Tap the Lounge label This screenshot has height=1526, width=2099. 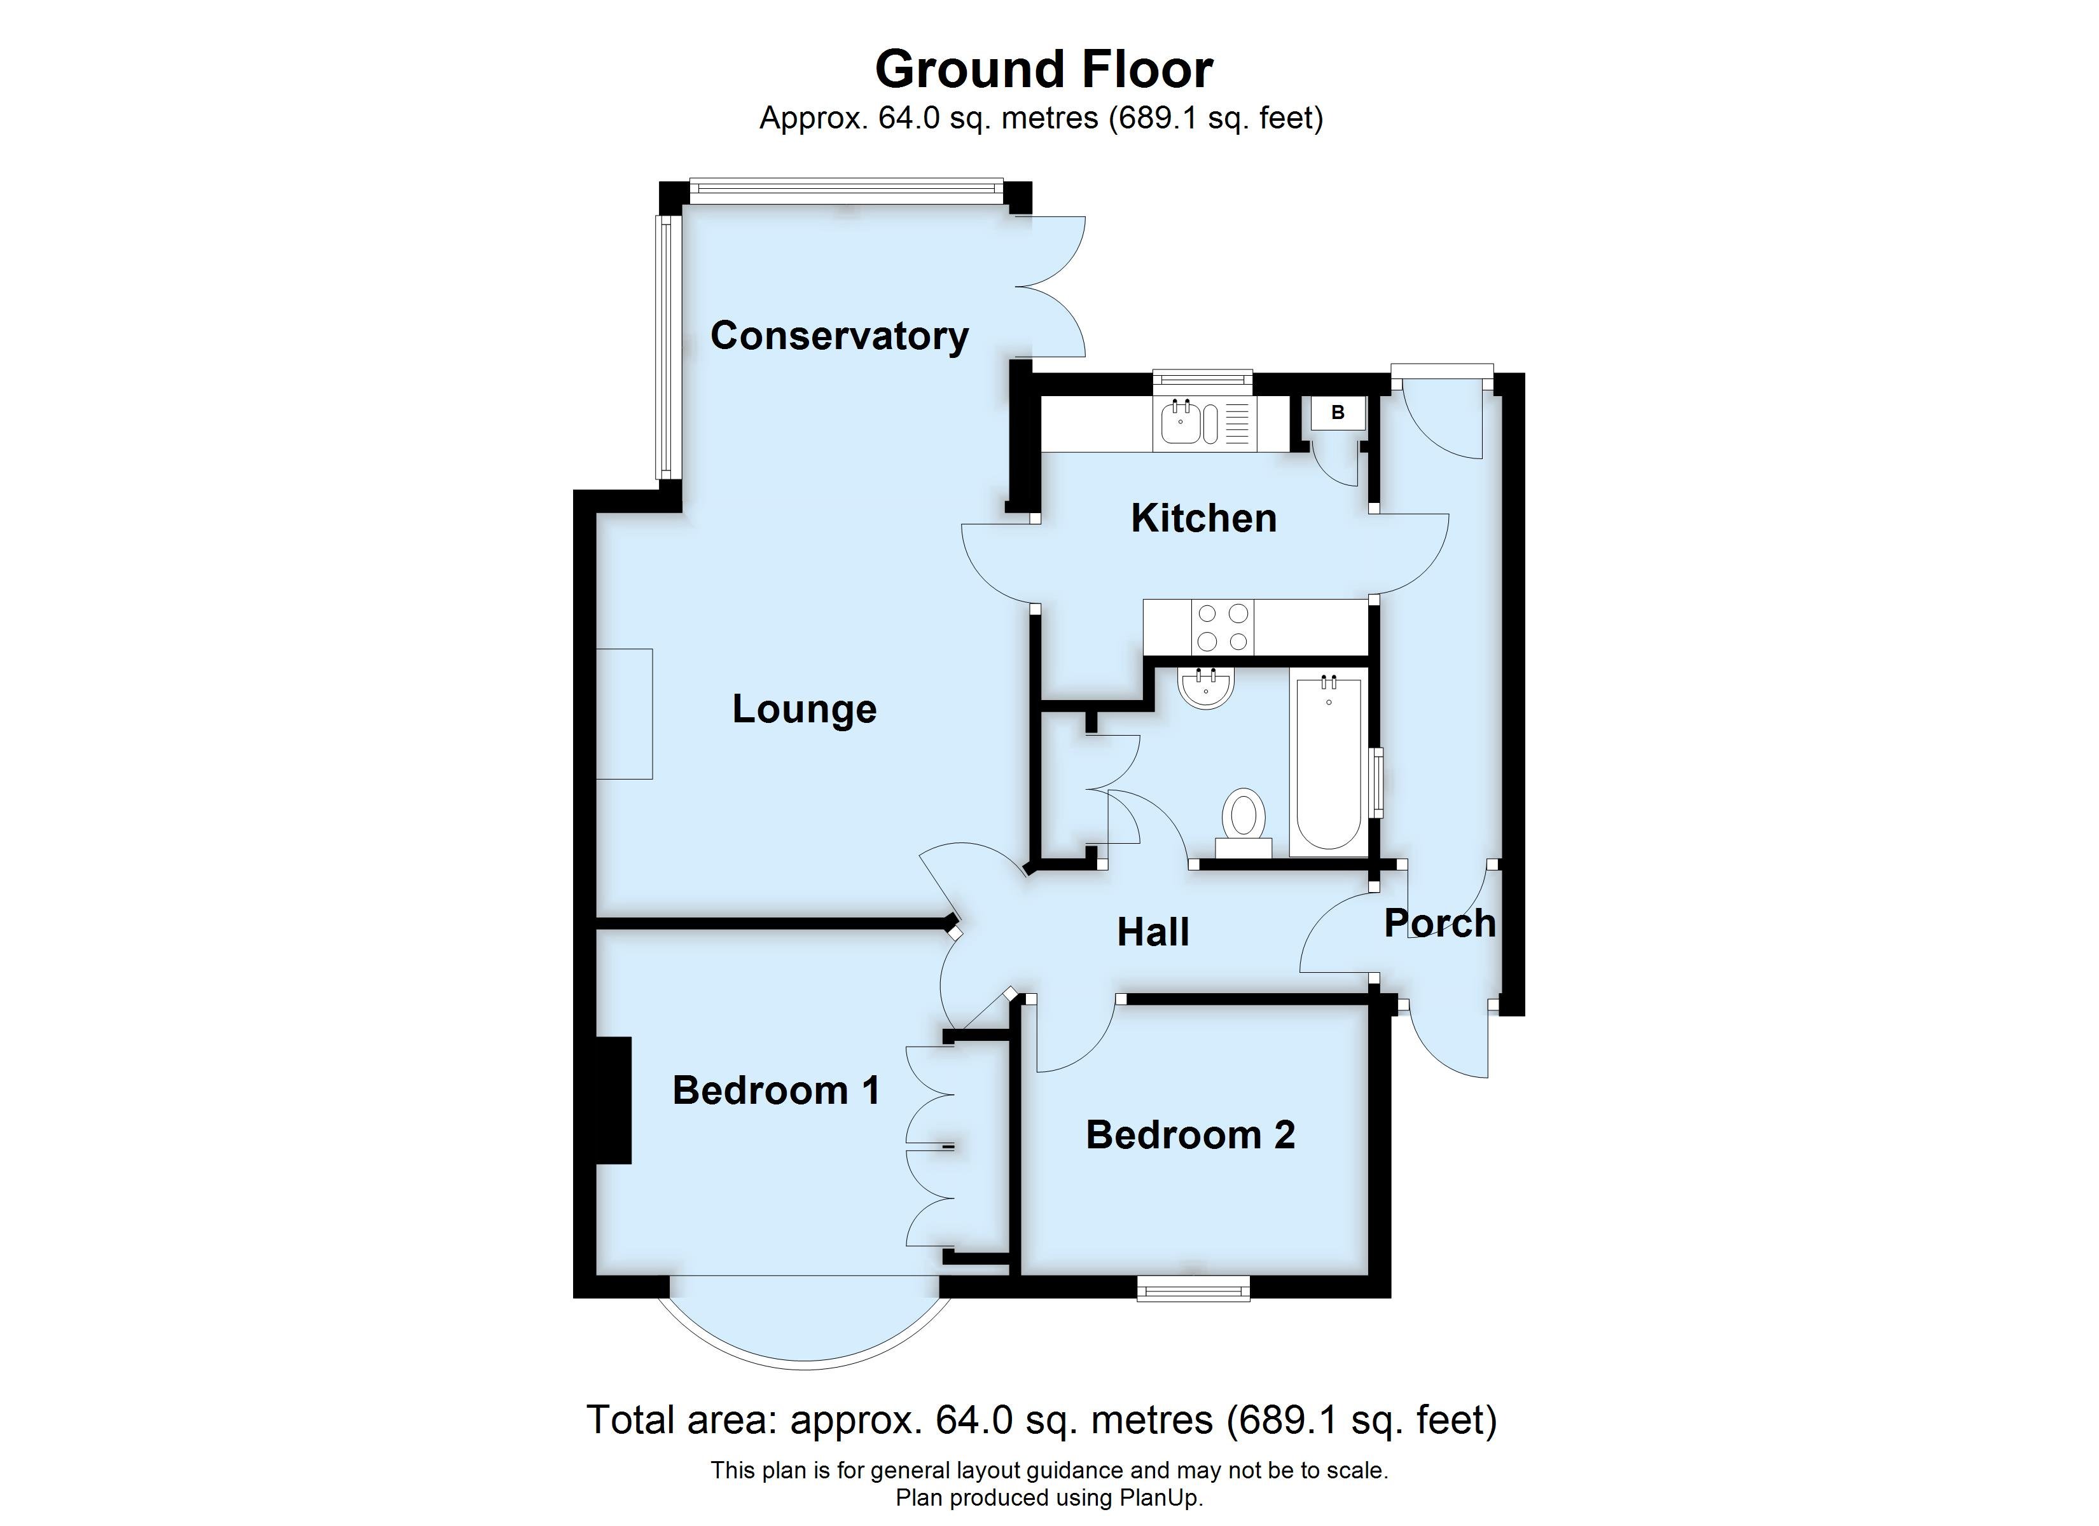804,709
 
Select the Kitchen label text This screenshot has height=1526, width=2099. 1203,518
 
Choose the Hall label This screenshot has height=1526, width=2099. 1153,932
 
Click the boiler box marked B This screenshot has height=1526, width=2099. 1338,413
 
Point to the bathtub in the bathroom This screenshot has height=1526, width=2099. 1328,764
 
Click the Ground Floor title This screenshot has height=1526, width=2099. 1043,69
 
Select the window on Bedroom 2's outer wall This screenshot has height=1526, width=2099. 1193,1288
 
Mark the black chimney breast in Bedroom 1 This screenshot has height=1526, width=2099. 614,1101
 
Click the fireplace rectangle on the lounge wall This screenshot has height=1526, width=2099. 624,713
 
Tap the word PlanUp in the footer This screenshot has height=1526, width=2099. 1157,1497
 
